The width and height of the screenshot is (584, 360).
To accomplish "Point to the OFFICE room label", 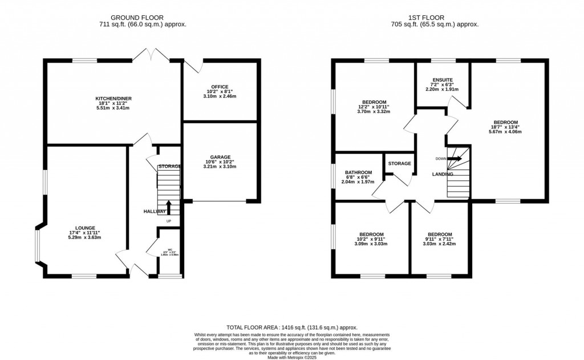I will (219, 86).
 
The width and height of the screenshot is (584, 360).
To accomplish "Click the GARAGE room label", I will (220, 157).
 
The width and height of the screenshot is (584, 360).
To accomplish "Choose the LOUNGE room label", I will (84, 228).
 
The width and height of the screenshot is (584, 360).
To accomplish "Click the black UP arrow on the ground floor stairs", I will (168, 207).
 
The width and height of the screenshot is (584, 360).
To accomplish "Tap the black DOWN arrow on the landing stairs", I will (455, 159).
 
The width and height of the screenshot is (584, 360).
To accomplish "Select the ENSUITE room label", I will (443, 80).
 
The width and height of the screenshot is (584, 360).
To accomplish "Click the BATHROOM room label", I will (359, 172).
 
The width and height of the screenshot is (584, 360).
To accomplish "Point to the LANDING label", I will (443, 175).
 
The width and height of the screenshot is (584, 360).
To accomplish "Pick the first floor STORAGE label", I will (399, 164).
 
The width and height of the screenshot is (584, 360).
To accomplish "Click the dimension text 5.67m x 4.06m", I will (505, 132).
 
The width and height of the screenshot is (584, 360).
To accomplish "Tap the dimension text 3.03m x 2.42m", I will (439, 244).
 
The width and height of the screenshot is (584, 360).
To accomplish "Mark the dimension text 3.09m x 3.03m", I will (371, 244).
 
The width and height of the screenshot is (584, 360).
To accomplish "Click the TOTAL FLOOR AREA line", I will (291, 327).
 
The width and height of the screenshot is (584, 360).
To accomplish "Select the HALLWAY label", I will (155, 212).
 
